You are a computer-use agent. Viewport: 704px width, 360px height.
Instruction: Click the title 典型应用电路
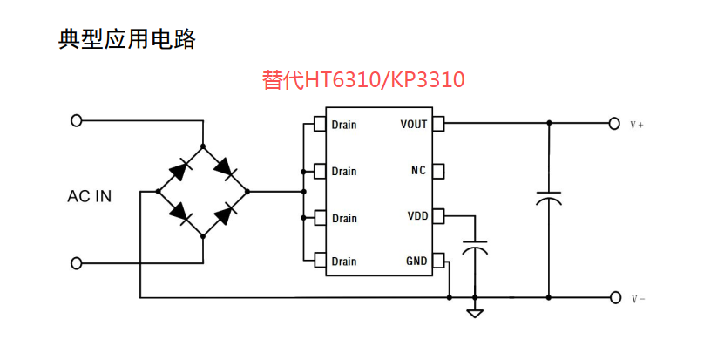click(x=127, y=39)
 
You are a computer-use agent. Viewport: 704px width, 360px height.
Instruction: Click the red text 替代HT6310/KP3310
click(x=363, y=80)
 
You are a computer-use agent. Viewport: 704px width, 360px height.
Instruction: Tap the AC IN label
click(x=90, y=196)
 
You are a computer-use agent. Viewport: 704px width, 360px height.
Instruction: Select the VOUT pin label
click(x=414, y=124)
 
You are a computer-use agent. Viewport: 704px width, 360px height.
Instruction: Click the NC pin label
click(x=419, y=170)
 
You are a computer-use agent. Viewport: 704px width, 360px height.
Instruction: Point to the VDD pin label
click(x=417, y=215)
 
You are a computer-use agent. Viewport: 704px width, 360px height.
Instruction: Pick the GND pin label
click(x=416, y=261)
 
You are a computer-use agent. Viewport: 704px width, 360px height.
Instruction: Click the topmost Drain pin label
click(x=344, y=125)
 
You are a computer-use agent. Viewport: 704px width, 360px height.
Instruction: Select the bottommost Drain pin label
click(x=344, y=261)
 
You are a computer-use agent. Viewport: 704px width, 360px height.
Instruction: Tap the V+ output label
click(x=638, y=125)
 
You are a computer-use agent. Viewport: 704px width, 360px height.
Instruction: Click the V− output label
click(x=638, y=299)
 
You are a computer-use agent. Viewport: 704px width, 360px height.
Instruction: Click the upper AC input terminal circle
click(x=77, y=120)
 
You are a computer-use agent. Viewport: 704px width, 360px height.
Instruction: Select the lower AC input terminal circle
click(x=77, y=262)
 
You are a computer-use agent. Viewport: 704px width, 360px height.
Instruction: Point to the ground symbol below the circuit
click(x=475, y=312)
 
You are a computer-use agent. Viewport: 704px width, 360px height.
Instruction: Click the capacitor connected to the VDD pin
click(x=475, y=246)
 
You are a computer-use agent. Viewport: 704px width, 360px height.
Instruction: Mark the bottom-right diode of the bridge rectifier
click(x=226, y=213)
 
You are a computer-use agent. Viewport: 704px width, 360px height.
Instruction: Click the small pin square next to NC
click(x=439, y=170)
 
